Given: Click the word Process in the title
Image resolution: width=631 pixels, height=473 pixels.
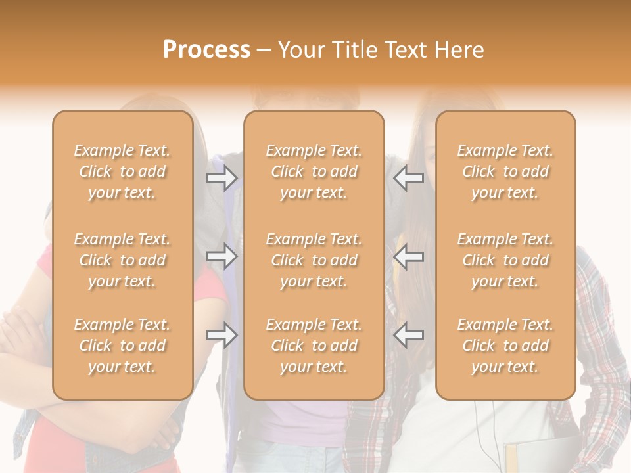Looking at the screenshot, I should tap(206, 50).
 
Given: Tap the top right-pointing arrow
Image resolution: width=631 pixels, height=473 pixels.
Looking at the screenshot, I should tap(222, 177).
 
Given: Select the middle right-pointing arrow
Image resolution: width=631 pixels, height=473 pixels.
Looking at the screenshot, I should tap(222, 256).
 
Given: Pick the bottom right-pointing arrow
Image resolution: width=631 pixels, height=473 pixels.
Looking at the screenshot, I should tap(222, 335).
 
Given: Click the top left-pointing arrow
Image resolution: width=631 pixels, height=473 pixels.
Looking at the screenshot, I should tap(408, 177).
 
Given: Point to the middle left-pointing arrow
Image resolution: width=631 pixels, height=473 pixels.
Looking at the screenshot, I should tap(408, 256).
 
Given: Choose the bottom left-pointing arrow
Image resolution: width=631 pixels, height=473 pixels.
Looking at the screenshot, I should tap(408, 335).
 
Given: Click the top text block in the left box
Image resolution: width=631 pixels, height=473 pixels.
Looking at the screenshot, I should tap(122, 171).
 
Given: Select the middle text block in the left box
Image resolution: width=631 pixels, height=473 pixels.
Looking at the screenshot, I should tap(122, 260).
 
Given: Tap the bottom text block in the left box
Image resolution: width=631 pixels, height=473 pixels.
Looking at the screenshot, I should tap(122, 346).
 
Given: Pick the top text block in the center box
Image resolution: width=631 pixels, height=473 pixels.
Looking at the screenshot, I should tap(314, 171).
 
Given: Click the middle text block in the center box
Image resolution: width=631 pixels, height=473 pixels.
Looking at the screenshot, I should tap(314, 260).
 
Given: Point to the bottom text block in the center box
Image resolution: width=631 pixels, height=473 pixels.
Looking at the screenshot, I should tap(314, 346).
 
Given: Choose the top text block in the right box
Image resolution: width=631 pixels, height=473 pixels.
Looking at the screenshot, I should tap(505, 171).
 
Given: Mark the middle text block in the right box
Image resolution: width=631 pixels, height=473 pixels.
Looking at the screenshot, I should tap(505, 260).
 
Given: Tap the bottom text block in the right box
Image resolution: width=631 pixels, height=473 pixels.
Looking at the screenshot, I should tap(505, 346).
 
